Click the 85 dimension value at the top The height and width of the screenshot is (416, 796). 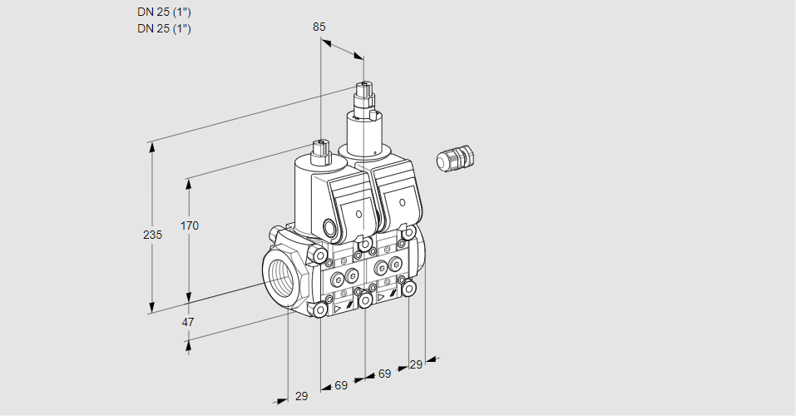point(319,27)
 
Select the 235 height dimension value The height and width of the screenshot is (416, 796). point(152,235)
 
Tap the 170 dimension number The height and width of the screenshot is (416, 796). point(190,225)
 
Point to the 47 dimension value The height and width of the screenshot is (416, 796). point(188,322)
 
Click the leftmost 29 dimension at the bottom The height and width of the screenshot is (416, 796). point(301,396)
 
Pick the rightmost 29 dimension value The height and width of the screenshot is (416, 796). point(416,364)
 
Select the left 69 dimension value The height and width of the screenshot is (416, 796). point(341,385)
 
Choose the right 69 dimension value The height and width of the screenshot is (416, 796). point(384,374)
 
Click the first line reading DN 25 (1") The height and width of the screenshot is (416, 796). point(164,12)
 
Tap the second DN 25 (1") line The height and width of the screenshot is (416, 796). point(164,28)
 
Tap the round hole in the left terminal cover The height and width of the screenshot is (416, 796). point(358,215)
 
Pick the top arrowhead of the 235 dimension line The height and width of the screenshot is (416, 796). point(151,146)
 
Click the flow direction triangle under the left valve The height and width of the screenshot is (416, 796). point(338,308)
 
